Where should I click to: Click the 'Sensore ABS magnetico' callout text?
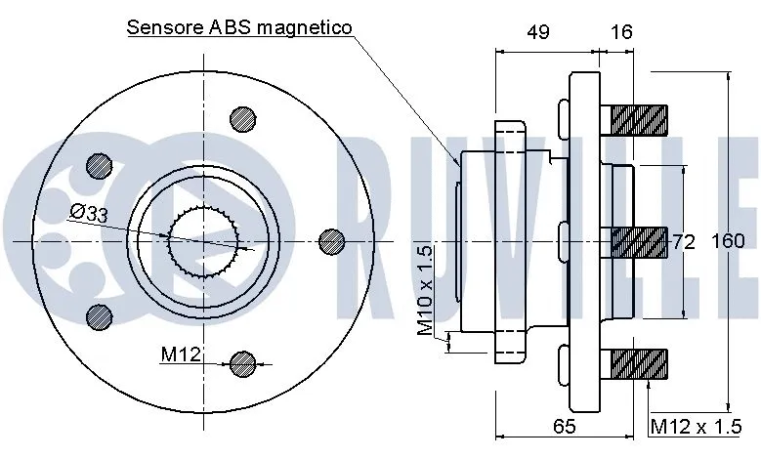239,27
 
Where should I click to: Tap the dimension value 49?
536,32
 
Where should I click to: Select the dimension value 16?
621,32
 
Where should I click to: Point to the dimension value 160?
728,241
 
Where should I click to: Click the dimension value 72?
683,241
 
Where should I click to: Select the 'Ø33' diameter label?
89,214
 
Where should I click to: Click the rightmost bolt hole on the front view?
331,240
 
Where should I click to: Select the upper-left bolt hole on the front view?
98,165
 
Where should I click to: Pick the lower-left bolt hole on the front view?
98,314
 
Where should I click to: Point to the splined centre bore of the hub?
204,240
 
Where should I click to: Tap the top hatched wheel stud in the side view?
639,120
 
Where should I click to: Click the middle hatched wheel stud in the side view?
639,240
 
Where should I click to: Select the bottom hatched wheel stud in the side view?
639,365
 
